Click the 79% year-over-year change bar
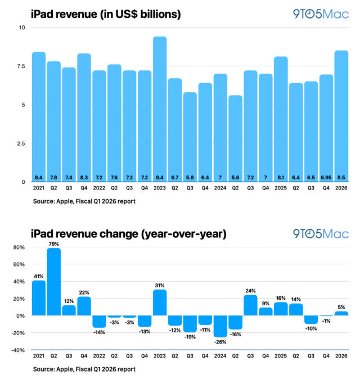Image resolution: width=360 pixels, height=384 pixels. coord(53,282)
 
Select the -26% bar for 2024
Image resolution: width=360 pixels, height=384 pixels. coord(220,326)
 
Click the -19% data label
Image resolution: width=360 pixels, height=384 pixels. coord(190,337)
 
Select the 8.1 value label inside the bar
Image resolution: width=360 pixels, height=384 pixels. coord(281,177)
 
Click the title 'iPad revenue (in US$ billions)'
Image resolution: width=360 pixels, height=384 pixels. coord(106,13)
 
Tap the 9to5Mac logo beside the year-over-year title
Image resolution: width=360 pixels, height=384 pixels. coord(321,233)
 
